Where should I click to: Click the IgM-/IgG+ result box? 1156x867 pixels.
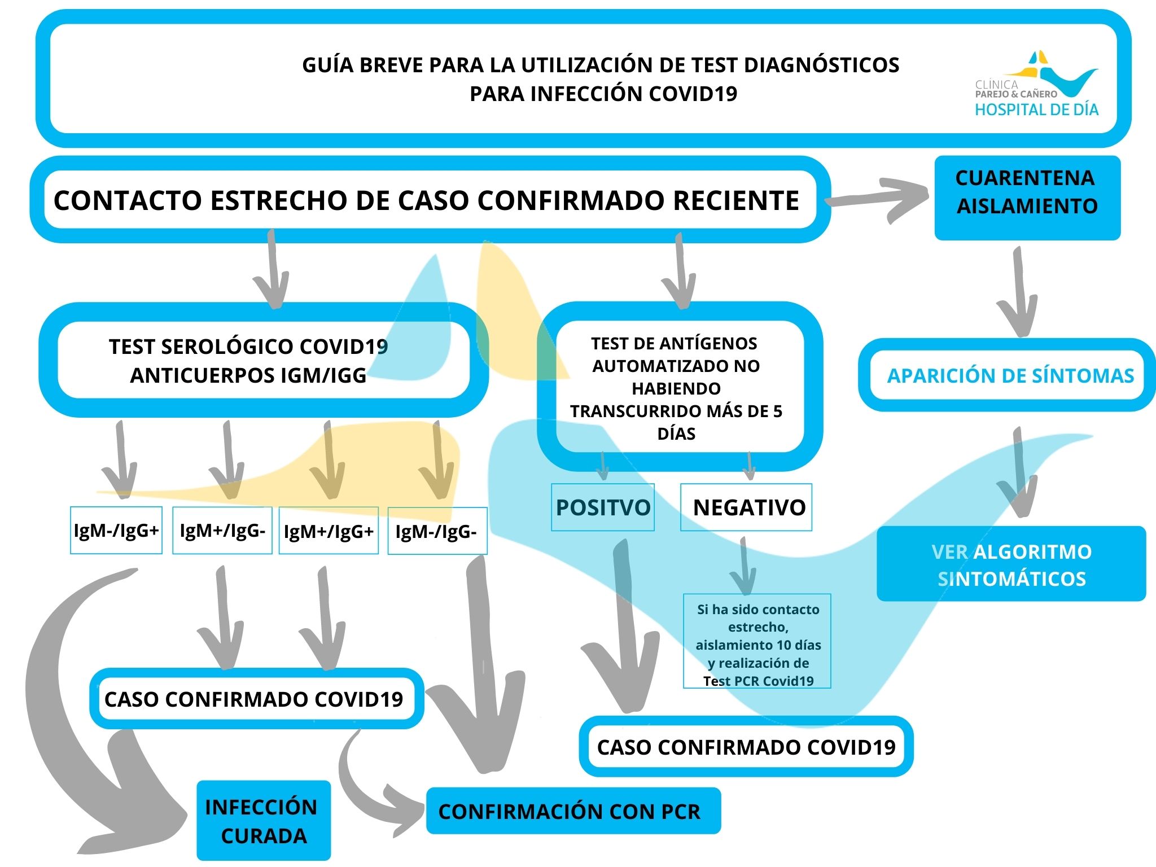[116, 530]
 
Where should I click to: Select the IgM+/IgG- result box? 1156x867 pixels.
[222, 530]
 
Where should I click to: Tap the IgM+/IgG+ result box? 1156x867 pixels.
[329, 531]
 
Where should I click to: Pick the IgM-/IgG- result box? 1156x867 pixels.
[437, 531]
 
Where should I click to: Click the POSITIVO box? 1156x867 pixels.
[603, 507]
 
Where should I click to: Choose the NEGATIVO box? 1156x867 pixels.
[746, 507]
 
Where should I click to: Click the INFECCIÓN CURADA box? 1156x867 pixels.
[264, 820]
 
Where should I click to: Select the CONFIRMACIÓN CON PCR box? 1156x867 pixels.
[573, 811]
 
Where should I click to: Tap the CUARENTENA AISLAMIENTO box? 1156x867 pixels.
[1027, 198]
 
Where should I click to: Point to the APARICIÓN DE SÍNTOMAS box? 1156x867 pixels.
[1007, 375]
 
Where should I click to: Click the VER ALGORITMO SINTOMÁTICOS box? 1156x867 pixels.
[1011, 564]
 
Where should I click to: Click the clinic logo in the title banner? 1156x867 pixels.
[1036, 85]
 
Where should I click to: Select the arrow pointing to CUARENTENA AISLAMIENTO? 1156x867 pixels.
[878, 199]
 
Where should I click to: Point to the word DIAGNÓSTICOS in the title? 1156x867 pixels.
[821, 65]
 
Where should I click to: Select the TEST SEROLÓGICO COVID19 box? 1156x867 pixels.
[264, 360]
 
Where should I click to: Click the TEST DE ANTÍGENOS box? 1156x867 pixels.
[680, 387]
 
